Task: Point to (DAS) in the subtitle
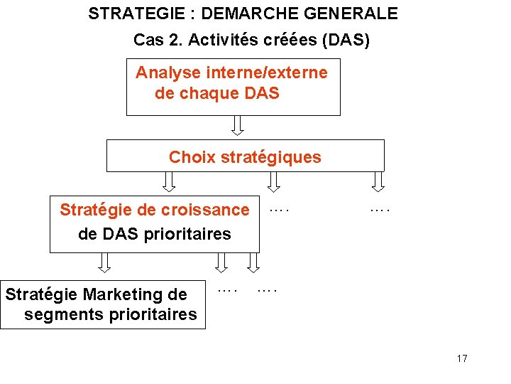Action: click(x=346, y=41)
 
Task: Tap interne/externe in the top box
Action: click(x=265, y=73)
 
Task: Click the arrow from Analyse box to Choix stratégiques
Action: click(x=237, y=125)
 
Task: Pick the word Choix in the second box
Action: click(x=192, y=157)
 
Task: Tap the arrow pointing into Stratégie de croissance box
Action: click(x=169, y=182)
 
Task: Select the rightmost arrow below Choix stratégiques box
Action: click(x=378, y=182)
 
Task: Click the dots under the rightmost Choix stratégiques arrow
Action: click(x=380, y=210)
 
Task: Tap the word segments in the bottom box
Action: click(x=62, y=314)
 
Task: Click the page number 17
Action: click(x=462, y=358)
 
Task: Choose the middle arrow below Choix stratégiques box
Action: click(x=273, y=182)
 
